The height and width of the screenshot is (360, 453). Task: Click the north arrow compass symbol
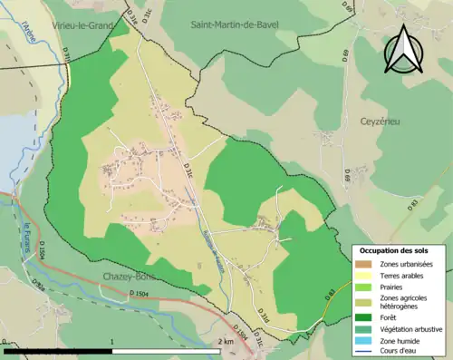pyautogui.click(x=402, y=49)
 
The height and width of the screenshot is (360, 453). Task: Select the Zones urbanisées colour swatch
pyautogui.click(x=363, y=264)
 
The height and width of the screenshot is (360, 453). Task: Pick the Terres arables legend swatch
pyautogui.click(x=363, y=276)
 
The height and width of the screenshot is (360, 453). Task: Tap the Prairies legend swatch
pyautogui.click(x=363, y=287)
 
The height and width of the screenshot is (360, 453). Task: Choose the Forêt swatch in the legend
pyautogui.click(x=363, y=316)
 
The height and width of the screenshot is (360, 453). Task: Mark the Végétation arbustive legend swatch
pyautogui.click(x=363, y=328)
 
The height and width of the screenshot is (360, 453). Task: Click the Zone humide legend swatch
pyautogui.click(x=363, y=340)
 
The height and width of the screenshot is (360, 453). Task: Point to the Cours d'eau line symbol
pyautogui.click(x=363, y=351)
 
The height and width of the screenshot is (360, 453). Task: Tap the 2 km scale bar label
pyautogui.click(x=226, y=342)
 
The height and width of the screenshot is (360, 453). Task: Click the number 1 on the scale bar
pyautogui.click(x=111, y=342)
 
